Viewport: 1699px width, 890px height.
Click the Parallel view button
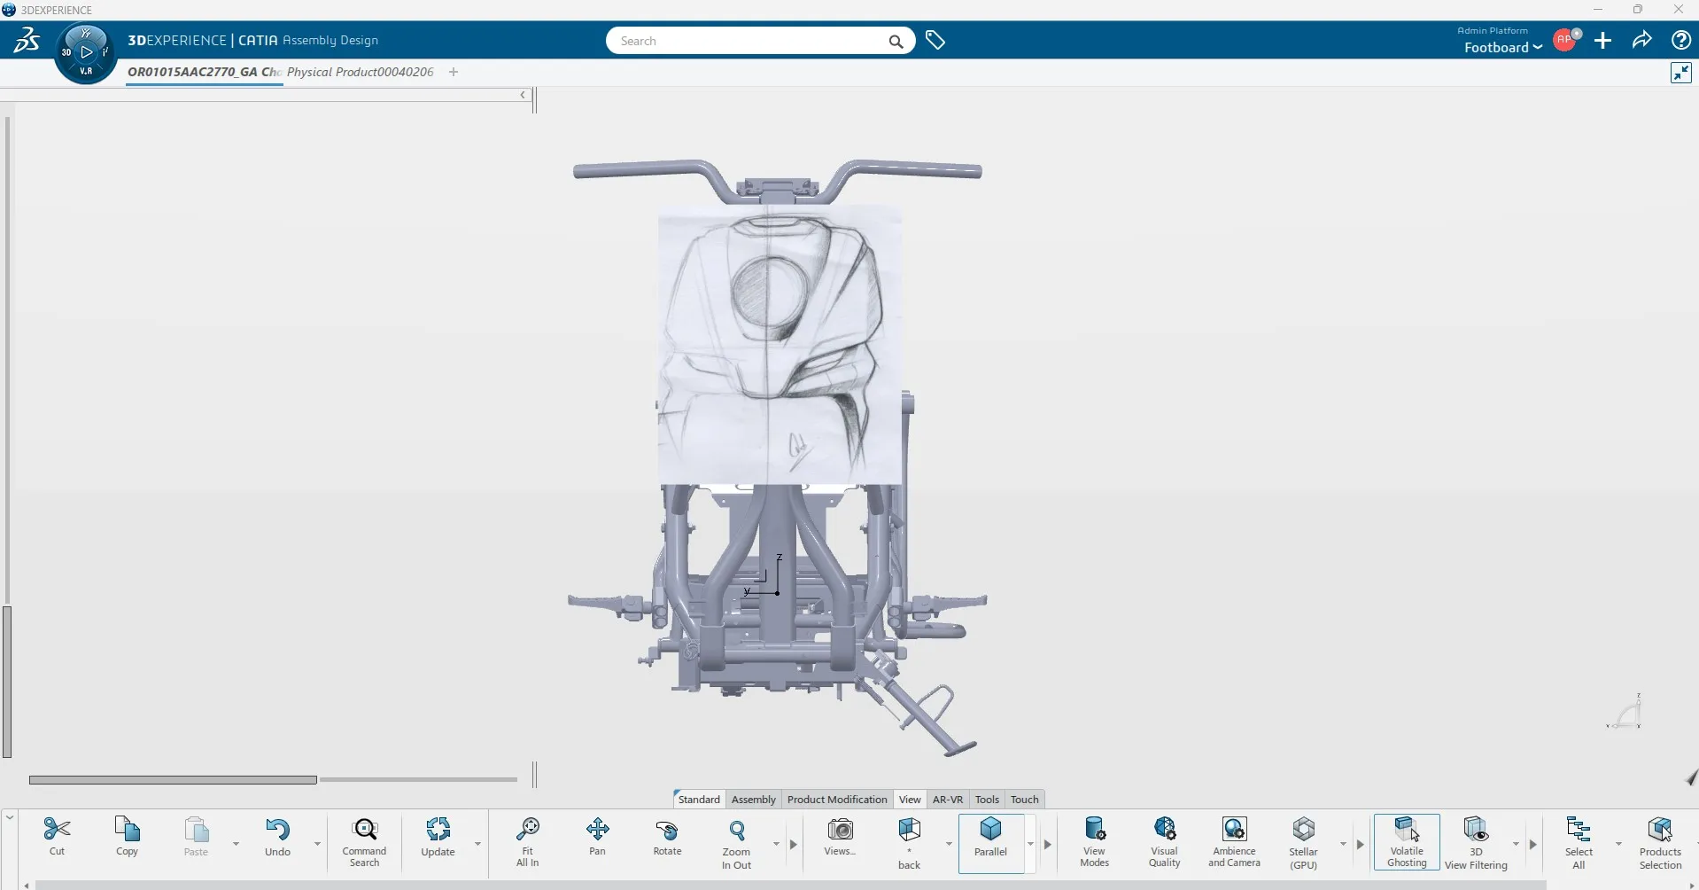(990, 837)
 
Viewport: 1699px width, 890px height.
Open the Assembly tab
(753, 800)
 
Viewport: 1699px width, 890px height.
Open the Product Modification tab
(837, 800)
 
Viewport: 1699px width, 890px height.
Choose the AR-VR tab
(948, 800)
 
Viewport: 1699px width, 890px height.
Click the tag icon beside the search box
(935, 41)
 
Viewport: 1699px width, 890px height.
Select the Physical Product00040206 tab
(361, 72)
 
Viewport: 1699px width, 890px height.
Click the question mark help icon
(1680, 41)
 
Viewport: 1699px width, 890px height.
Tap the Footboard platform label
(1496, 48)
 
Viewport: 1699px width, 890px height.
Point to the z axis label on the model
(780, 558)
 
